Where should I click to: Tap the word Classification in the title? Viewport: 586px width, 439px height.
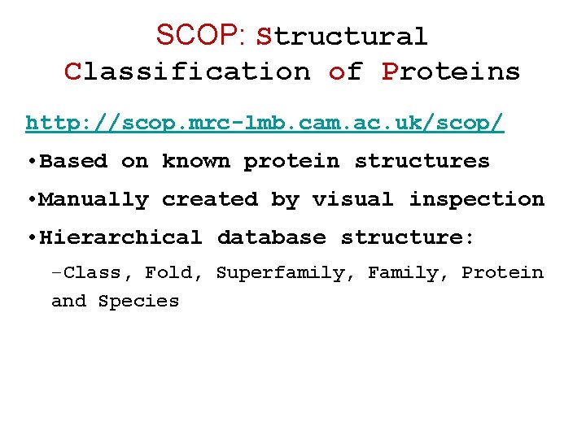click(x=188, y=72)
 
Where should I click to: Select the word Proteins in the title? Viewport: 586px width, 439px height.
click(x=451, y=72)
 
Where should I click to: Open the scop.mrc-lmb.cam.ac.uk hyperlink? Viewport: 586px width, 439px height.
click(x=265, y=123)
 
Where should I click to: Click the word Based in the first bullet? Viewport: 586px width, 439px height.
click(x=73, y=161)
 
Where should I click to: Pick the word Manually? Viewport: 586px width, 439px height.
click(x=94, y=199)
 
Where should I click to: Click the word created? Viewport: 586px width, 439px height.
click(x=209, y=199)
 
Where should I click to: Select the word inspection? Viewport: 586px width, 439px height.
click(x=476, y=199)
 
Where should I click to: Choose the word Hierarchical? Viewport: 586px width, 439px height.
click(x=120, y=237)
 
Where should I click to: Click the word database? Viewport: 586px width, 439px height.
click(x=271, y=237)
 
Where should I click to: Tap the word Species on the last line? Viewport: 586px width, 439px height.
click(x=138, y=302)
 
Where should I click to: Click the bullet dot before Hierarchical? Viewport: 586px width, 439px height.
click(x=30, y=238)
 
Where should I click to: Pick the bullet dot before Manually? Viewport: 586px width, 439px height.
click(x=30, y=200)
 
